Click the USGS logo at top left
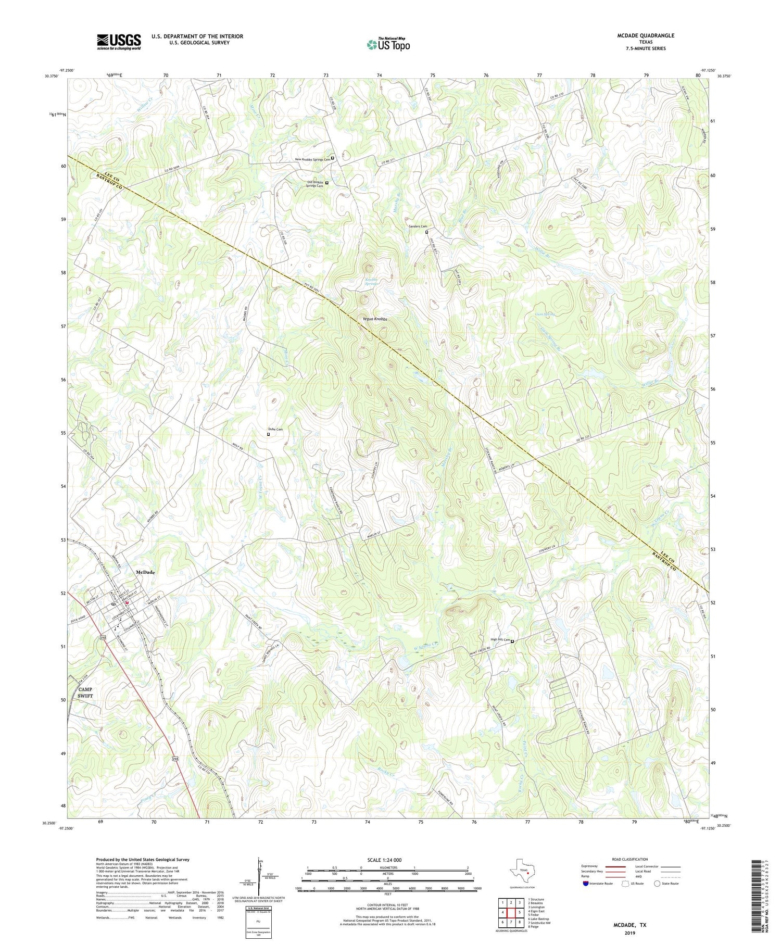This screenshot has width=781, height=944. pos(119,42)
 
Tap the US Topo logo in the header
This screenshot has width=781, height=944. pos(388,44)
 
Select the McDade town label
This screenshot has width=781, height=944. pos(145,572)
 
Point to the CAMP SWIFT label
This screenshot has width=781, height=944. pos(85,693)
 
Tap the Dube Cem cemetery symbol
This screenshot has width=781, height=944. pos(269,434)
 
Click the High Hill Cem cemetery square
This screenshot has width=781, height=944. pos(512,641)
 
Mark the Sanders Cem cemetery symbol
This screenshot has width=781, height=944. pos(427,232)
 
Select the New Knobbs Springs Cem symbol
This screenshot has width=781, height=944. pos(333,158)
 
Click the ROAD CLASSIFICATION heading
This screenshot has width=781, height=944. pos(630,859)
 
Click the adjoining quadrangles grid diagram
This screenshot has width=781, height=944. pos(511,912)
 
